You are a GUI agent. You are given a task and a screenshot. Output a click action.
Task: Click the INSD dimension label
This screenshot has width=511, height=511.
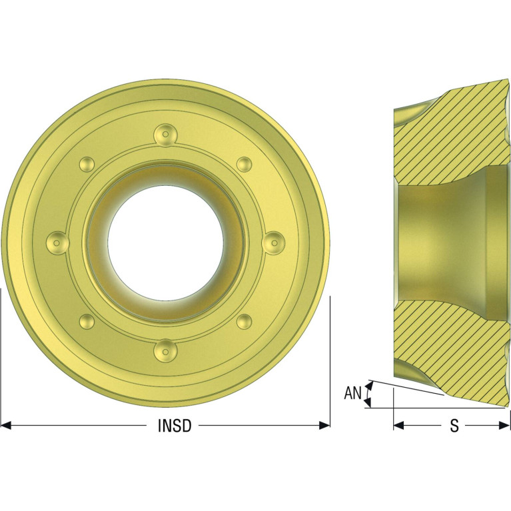[x=175, y=426]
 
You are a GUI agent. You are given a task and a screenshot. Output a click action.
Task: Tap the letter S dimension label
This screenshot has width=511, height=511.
[x=454, y=426]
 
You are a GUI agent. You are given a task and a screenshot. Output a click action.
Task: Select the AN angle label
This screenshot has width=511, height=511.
[x=353, y=393]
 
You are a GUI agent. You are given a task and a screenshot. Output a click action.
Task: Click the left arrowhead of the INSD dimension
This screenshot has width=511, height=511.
[x=6, y=425]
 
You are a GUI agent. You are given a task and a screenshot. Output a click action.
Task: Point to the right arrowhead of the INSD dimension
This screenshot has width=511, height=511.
[x=324, y=425]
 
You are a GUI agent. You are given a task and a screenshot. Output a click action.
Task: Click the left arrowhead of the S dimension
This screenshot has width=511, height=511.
[x=399, y=425]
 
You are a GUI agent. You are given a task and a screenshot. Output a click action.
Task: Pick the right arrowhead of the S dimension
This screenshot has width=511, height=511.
[x=504, y=425]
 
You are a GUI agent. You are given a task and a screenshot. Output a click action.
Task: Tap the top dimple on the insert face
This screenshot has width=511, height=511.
[x=166, y=135]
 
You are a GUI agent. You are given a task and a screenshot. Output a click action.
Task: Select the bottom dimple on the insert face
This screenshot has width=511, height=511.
[x=166, y=350]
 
